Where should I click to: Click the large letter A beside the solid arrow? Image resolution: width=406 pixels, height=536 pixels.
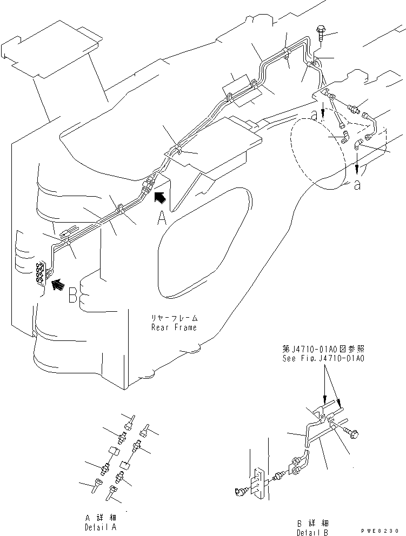162,217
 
